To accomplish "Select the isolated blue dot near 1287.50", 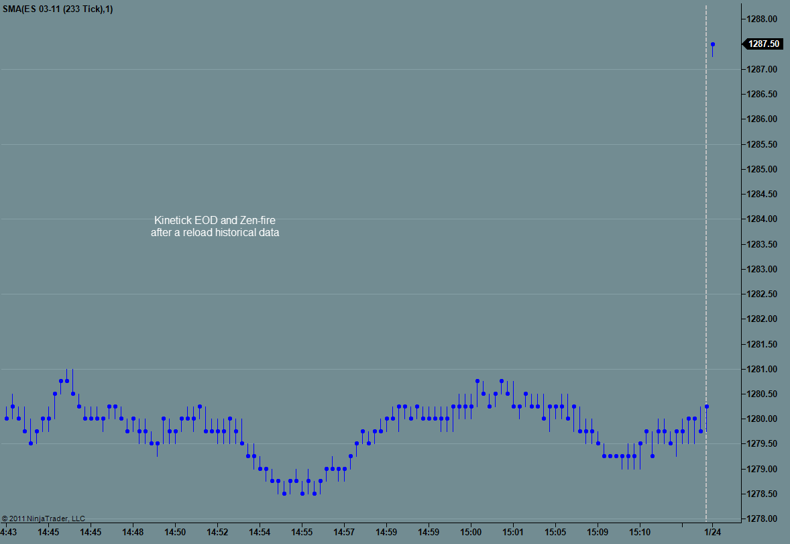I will pyautogui.click(x=712, y=45).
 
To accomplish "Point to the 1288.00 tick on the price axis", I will pyautogui.click(x=763, y=19).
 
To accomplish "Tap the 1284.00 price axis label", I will pyautogui.click(x=763, y=219).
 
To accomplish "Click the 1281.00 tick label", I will pyautogui.click(x=763, y=370).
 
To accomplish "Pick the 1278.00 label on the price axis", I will pyautogui.click(x=763, y=519).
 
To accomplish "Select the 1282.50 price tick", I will pyautogui.click(x=763, y=294).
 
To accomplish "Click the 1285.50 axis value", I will pyautogui.click(x=763, y=144).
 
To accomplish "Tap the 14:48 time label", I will pyautogui.click(x=133, y=532).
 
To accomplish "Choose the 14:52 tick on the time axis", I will pyautogui.click(x=217, y=532).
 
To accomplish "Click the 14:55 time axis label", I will pyautogui.click(x=302, y=532).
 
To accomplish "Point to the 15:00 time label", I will pyautogui.click(x=471, y=532).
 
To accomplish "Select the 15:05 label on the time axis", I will pyautogui.click(x=555, y=532).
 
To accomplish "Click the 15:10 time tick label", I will pyautogui.click(x=640, y=532).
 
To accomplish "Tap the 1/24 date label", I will pyautogui.click(x=712, y=532).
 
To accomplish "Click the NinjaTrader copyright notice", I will pyautogui.click(x=44, y=519).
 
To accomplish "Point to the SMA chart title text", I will pyautogui.click(x=57, y=9).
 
